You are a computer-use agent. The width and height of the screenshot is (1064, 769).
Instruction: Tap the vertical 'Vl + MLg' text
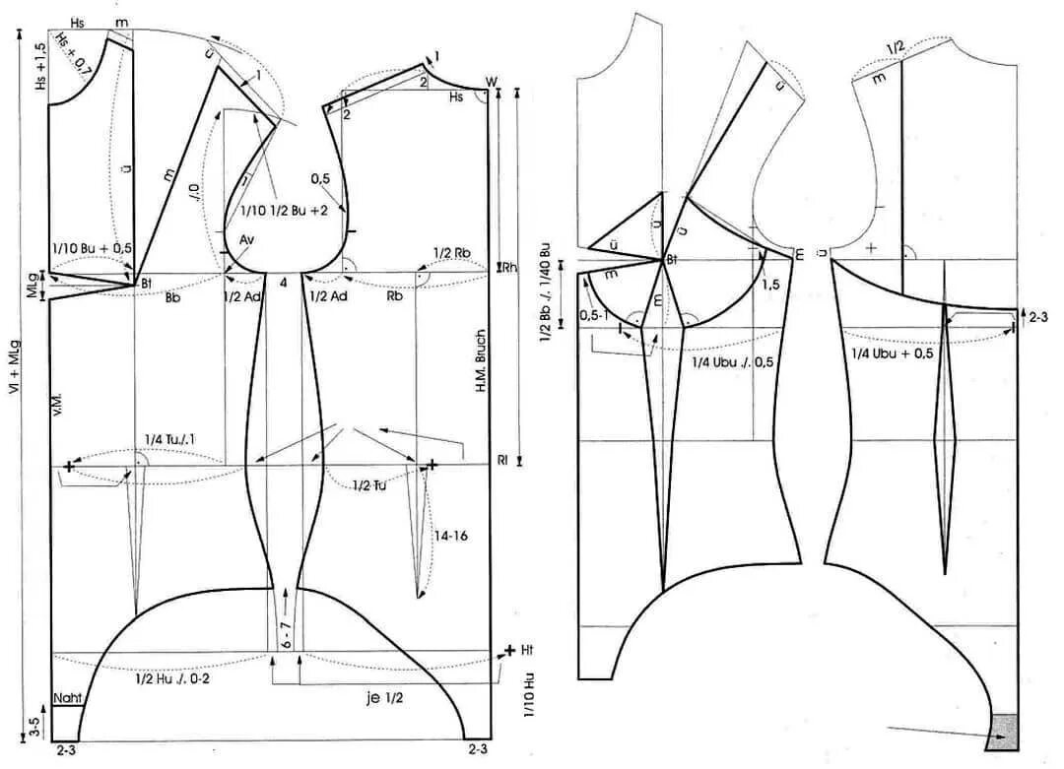[14, 393]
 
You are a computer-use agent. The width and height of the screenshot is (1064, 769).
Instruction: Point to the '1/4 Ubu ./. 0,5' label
[732, 362]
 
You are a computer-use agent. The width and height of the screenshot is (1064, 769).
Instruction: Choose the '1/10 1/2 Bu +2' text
[284, 210]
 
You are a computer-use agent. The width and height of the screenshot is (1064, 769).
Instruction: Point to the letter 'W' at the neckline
[490, 82]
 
